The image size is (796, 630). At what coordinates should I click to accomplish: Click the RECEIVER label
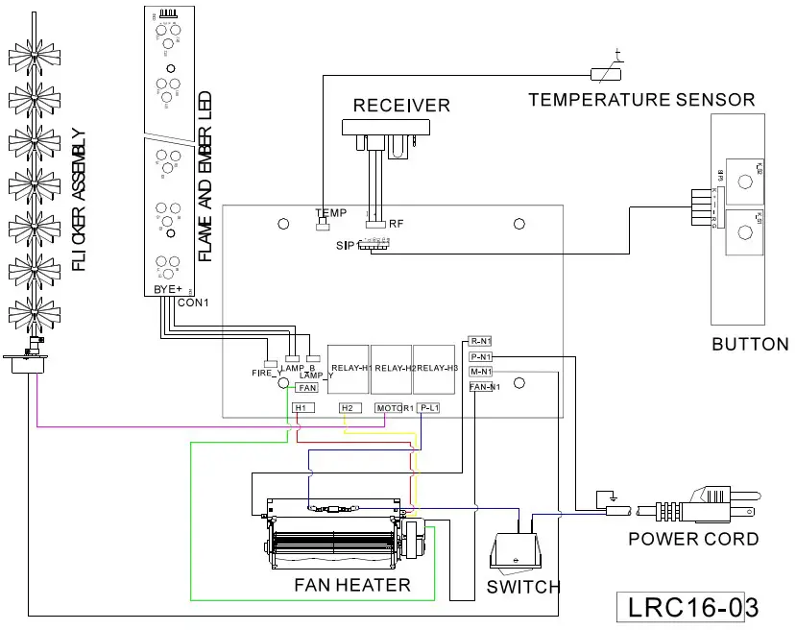401,105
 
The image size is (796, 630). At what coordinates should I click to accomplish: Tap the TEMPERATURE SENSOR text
641,99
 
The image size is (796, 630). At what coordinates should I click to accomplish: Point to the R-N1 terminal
480,341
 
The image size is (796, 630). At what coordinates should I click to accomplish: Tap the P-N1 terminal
480,356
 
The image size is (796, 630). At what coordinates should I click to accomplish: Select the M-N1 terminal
480,372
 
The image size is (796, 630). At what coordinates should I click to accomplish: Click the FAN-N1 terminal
483,387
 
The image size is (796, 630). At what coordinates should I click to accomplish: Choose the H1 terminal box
301,408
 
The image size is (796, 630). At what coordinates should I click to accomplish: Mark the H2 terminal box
349,408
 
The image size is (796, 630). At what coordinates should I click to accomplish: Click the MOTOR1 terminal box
394,408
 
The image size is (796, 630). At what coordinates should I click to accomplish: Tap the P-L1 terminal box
428,408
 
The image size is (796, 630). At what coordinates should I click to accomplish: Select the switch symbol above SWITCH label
517,552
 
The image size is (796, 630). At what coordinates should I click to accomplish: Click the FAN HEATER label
351,585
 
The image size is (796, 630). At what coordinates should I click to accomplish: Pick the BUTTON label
750,344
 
